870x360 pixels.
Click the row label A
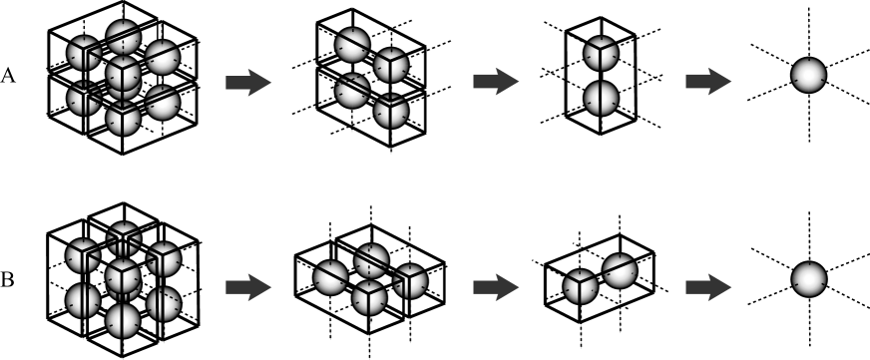pos(9,83)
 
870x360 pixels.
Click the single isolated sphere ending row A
pos(808,75)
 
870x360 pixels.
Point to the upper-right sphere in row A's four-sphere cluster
pos(391,64)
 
